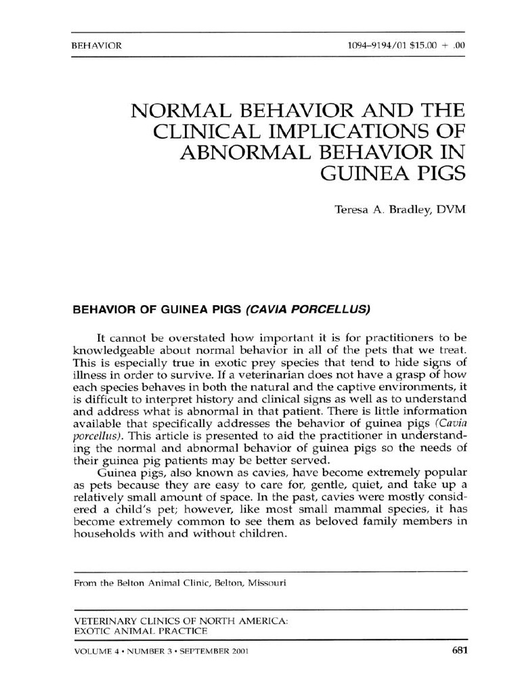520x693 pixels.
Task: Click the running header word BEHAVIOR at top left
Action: (x=96, y=47)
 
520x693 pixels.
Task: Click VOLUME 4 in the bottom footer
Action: (x=97, y=652)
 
